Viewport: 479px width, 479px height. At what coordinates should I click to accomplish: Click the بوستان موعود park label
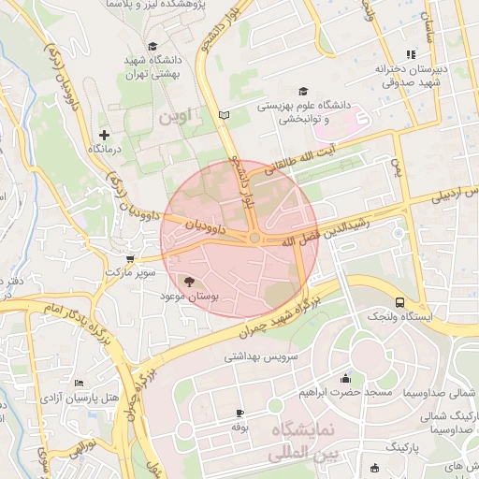(190, 295)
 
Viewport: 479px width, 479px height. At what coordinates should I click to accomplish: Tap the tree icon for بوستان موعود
(190, 281)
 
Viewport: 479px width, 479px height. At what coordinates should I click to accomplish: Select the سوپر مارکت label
(128, 271)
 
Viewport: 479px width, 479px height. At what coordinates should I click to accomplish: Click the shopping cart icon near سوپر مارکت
(129, 258)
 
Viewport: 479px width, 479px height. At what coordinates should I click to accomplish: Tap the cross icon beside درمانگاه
(104, 136)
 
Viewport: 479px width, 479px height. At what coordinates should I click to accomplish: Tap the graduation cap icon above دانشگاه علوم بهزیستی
(302, 92)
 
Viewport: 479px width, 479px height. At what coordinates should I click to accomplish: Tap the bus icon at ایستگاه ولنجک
(400, 302)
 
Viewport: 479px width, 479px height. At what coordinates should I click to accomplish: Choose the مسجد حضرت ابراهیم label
(346, 393)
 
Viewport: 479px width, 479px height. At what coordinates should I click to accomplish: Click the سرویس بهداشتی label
(259, 356)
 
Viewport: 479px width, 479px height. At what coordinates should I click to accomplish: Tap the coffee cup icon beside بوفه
(239, 413)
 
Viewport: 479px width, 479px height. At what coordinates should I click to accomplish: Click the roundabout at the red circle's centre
(254, 239)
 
